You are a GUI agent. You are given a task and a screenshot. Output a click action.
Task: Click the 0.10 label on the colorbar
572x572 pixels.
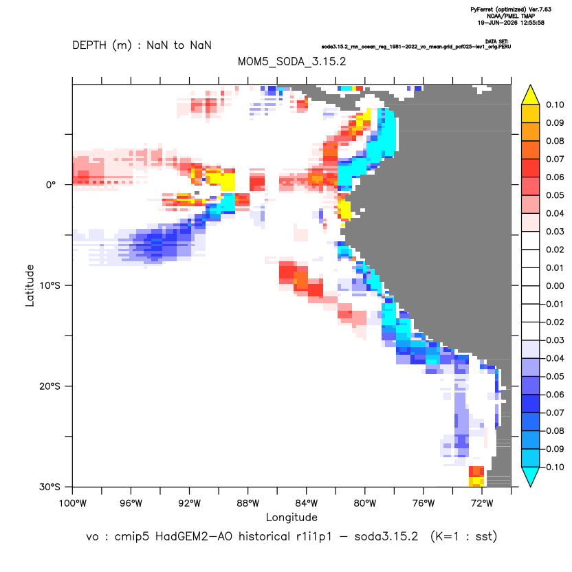555,105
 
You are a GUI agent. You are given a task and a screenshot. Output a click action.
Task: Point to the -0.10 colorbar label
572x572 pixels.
553,467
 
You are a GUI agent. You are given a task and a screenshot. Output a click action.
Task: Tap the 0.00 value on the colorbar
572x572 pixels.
555,286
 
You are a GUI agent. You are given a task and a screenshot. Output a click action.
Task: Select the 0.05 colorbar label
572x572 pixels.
555,195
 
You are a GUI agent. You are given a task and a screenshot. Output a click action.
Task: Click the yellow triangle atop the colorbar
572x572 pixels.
531,96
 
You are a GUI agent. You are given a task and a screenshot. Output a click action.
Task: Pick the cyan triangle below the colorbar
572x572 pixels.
531,476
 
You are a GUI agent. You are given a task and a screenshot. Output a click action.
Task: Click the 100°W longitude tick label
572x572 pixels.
73,504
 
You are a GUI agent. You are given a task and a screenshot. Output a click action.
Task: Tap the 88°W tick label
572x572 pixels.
248,504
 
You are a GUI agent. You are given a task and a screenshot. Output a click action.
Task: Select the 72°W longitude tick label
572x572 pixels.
482,504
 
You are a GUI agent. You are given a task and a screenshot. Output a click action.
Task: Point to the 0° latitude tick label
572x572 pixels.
51,185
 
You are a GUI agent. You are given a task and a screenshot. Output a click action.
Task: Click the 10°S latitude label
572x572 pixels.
49,285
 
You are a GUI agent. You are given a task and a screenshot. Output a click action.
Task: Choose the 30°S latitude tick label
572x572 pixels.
49,487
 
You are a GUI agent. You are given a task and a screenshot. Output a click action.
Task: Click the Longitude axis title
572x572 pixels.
291,518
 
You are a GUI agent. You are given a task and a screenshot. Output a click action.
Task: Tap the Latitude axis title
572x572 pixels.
30,285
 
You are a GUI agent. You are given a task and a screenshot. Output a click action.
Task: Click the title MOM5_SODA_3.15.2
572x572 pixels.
291,62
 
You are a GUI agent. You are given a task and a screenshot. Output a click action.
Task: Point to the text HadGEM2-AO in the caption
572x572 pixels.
194,537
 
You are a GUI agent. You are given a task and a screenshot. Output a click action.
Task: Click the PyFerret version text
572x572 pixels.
511,10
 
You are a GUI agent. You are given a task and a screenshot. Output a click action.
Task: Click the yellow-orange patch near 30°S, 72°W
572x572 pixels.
476,476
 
